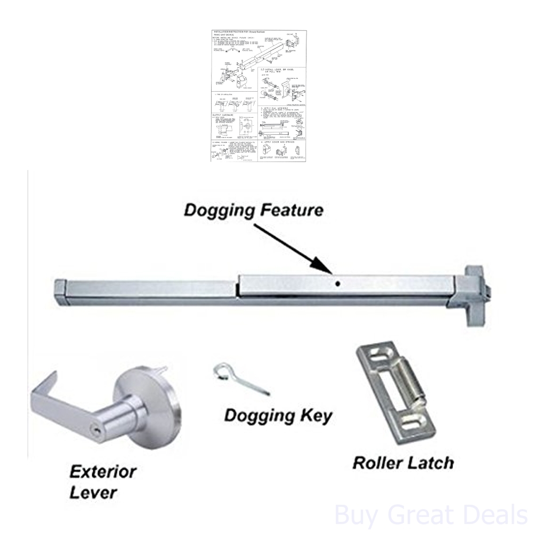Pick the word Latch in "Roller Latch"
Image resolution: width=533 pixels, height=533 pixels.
(430, 462)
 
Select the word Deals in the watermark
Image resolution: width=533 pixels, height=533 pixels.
(491, 515)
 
